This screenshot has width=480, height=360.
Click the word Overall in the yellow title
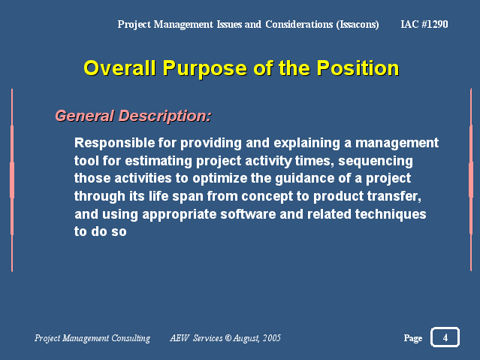(120, 68)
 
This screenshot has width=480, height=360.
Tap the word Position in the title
(358, 68)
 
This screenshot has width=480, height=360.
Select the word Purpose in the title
(205, 69)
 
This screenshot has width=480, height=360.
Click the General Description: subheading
(133, 116)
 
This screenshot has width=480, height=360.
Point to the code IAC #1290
(424, 24)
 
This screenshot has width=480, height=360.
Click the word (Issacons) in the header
(358, 25)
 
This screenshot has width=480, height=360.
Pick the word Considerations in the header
(299, 24)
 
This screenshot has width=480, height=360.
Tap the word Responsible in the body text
(114, 143)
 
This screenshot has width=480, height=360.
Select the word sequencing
(376, 162)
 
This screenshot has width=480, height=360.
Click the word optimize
(219, 179)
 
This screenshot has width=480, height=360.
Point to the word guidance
(304, 179)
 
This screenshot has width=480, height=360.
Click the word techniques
(391, 215)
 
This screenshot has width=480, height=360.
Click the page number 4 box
(445, 337)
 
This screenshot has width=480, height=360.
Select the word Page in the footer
(413, 338)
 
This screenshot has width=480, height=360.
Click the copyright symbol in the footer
(228, 338)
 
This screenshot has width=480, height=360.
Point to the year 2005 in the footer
(272, 338)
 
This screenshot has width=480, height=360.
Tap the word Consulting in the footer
(131, 338)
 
